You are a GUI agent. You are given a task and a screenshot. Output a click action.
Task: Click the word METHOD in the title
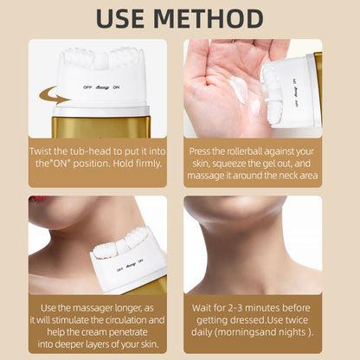pos(209,18)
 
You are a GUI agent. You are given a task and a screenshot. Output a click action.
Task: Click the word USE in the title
pos(120,18)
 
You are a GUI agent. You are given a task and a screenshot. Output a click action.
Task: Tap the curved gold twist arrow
pos(55,95)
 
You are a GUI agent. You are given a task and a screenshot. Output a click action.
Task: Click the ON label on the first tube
pos(116,87)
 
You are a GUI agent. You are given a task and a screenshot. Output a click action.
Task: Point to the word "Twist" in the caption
pos(41,151)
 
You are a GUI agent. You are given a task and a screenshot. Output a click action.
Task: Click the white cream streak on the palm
pos(239,89)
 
